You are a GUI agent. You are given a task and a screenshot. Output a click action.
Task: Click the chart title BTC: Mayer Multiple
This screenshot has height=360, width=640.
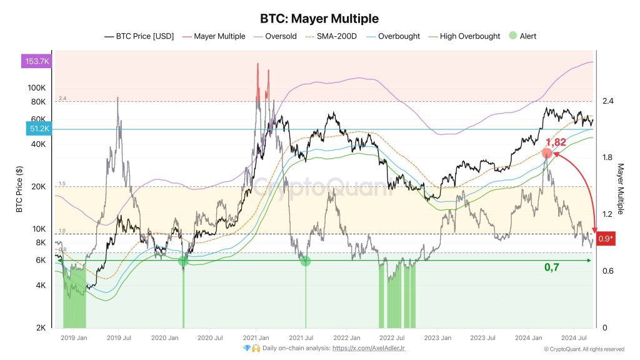click(319, 19)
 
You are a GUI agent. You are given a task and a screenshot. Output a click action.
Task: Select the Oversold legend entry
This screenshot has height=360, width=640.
click(281, 36)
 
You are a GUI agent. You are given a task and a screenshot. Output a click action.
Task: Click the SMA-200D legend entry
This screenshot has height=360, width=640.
click(334, 36)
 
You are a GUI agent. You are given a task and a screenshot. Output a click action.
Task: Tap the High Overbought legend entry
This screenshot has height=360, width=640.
click(469, 36)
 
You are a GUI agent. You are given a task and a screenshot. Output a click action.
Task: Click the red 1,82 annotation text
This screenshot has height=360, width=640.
click(555, 142)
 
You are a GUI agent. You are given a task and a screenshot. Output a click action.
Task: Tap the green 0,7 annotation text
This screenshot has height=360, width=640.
click(552, 267)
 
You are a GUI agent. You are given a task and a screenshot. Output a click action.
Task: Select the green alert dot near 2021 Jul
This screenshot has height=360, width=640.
click(305, 261)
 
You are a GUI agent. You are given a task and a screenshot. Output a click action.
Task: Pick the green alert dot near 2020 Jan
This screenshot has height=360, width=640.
click(183, 261)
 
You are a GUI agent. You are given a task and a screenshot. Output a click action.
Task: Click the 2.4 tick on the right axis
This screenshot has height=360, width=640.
click(607, 101)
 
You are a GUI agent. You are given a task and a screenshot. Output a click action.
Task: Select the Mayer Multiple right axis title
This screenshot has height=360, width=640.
click(621, 189)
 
